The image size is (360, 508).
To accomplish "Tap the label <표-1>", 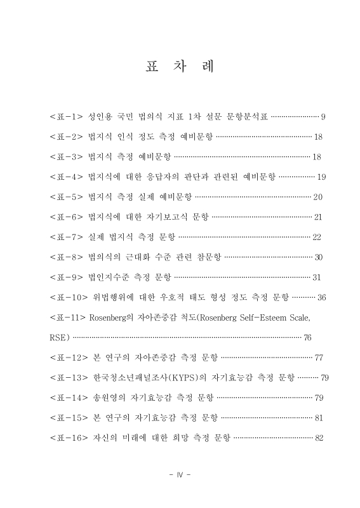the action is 67,117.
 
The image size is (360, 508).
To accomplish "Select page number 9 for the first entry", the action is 323,117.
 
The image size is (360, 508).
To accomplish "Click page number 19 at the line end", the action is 321,177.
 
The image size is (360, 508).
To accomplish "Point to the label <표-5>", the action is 67,196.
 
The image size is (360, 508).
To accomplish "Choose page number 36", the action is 321,297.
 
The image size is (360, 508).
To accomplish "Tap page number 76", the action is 307,337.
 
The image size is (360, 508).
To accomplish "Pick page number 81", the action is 319,418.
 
